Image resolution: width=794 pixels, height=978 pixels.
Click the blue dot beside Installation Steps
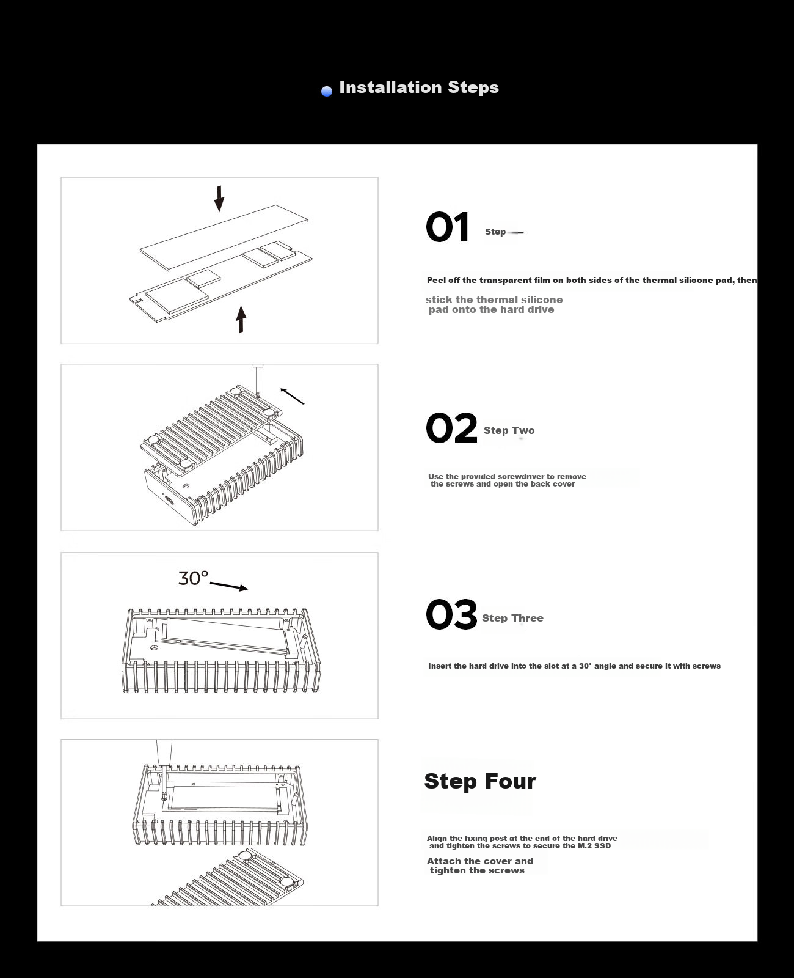(327, 91)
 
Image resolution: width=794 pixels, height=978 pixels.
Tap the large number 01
(447, 227)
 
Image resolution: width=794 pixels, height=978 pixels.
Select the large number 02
(451, 428)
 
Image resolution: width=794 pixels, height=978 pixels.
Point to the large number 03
(451, 614)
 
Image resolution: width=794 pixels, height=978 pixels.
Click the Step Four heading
(480, 781)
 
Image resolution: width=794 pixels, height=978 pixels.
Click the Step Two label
(509, 431)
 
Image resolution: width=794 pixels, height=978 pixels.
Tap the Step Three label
(512, 618)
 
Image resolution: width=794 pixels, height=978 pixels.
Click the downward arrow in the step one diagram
(219, 199)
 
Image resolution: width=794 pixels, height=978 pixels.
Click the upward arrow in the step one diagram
(241, 319)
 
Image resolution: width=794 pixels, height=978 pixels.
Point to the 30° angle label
(193, 578)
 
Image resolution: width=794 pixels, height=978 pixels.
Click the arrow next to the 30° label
(229, 586)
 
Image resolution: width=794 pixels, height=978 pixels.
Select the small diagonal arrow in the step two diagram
(292, 396)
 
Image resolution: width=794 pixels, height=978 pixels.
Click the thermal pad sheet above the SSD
(224, 237)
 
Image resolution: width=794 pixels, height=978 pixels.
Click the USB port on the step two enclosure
(169, 500)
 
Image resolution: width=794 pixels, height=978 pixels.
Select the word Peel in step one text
(435, 280)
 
